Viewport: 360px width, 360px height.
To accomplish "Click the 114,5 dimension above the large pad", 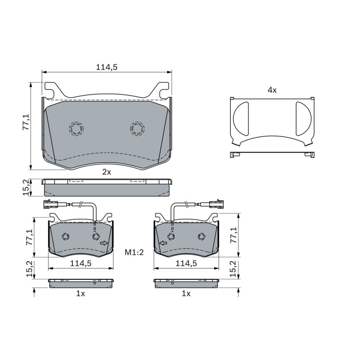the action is (x=107, y=67).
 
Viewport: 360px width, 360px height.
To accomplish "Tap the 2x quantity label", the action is (x=107, y=172).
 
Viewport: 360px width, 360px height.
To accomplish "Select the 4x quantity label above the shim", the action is (x=272, y=90).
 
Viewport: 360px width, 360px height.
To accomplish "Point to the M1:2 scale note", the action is (x=134, y=253).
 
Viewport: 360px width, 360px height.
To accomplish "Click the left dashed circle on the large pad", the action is (x=76, y=128).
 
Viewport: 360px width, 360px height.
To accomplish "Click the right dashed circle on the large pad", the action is (x=137, y=128).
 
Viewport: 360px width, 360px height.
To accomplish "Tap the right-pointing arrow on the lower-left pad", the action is (x=104, y=243).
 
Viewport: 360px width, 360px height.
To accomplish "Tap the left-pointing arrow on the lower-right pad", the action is (x=163, y=243).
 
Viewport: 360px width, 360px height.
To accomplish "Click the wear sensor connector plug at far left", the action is (x=50, y=204).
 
